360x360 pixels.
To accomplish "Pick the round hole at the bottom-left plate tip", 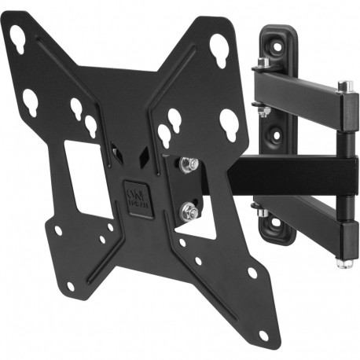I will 71,286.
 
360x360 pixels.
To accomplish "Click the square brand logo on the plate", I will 134,194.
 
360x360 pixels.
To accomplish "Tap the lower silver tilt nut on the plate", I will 189,211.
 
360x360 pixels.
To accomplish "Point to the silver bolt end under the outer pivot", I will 342,262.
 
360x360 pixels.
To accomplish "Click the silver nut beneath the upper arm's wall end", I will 264,111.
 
